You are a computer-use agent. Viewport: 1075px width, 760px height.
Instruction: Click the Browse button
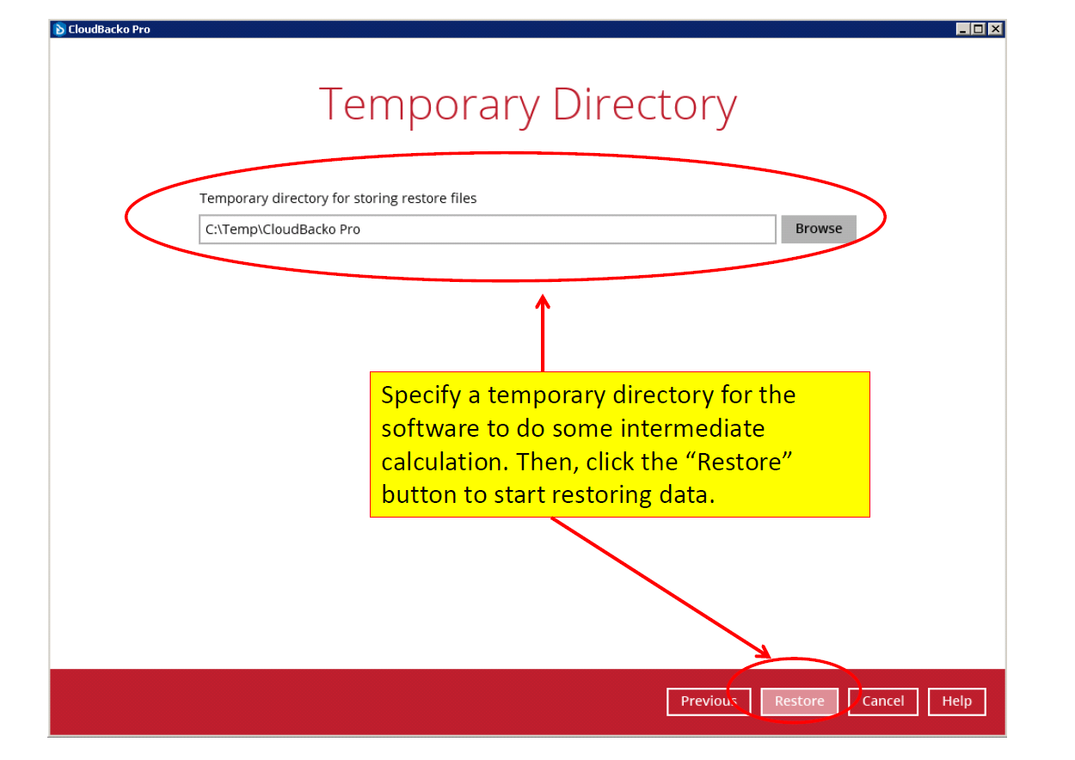[x=818, y=229]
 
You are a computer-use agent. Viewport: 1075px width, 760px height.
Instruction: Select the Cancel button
[x=883, y=701]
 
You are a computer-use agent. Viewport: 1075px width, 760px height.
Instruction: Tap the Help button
[x=956, y=701]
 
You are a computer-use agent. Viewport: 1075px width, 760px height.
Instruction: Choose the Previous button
[x=709, y=701]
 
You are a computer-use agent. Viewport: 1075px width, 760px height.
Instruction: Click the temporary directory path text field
[x=487, y=230]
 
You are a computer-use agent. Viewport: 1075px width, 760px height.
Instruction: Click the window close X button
[x=996, y=28]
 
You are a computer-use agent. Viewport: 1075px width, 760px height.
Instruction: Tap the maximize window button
[x=979, y=28]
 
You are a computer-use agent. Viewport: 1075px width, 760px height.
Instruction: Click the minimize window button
[x=962, y=28]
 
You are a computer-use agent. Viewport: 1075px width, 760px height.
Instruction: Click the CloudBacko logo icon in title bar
[x=59, y=29]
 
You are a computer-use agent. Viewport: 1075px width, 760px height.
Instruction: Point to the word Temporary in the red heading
[x=429, y=106]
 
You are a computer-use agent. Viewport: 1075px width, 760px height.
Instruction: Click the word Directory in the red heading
[x=644, y=106]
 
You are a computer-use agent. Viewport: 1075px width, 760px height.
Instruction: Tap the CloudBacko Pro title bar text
[x=109, y=29]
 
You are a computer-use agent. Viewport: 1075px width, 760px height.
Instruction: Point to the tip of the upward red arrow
[x=543, y=296]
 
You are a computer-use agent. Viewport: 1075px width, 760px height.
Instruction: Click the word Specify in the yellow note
[x=421, y=396]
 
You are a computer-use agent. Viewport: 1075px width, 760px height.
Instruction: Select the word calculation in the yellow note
[x=445, y=462]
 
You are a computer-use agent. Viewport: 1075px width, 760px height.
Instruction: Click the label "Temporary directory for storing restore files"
[x=338, y=198]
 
